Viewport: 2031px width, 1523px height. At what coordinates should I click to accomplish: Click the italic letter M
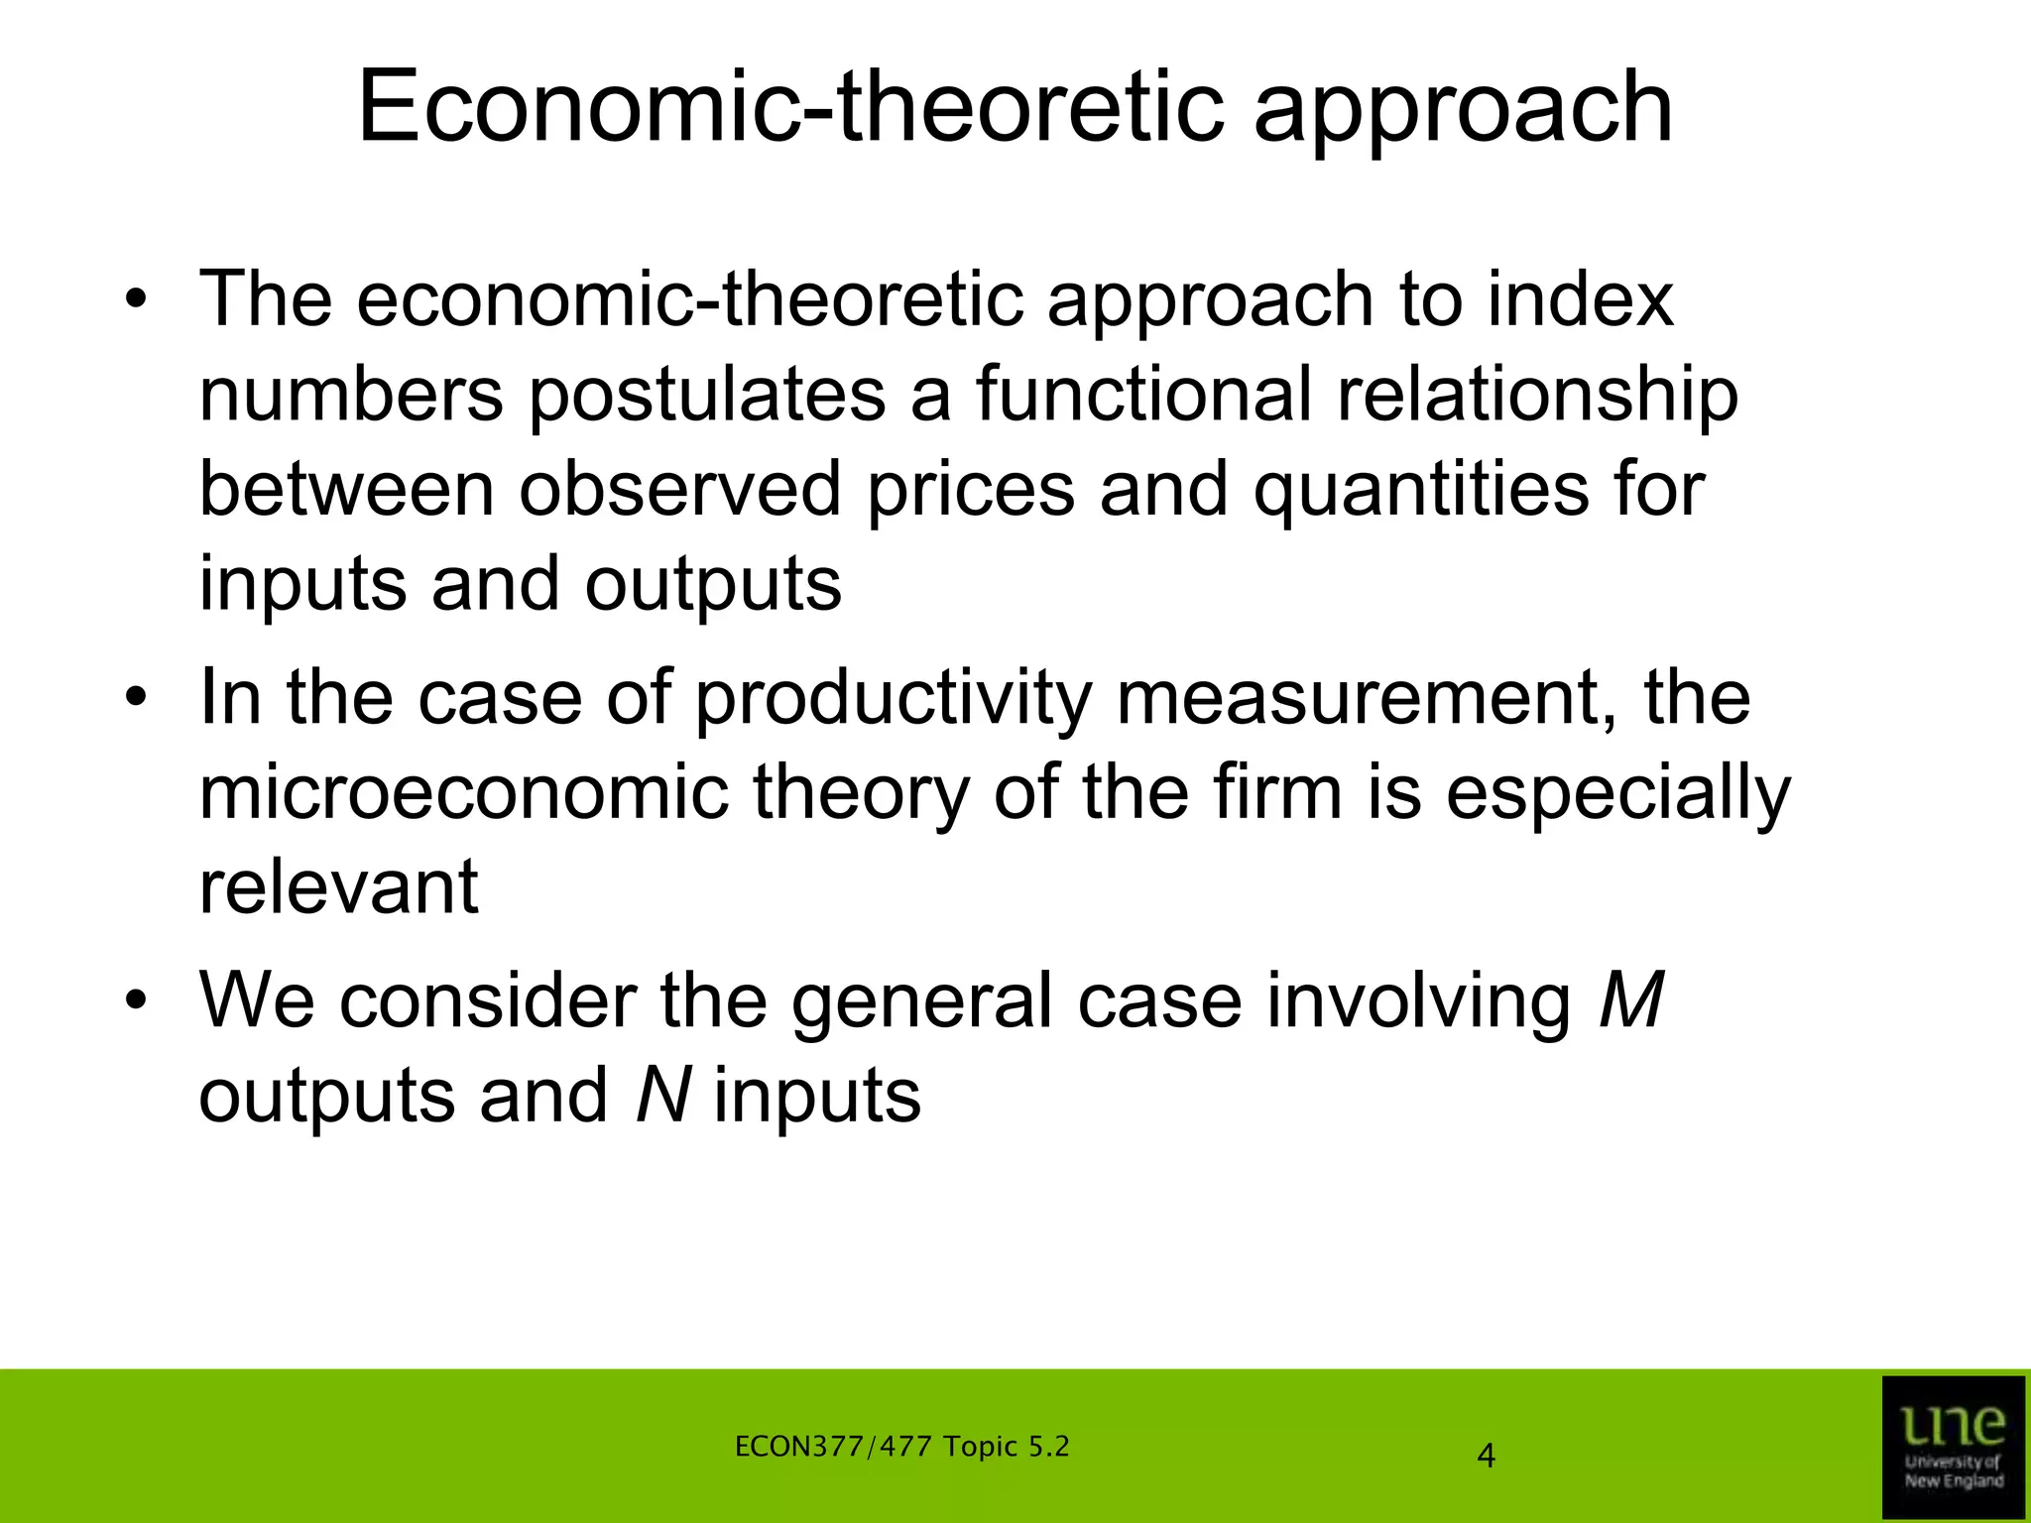(x=1630, y=1000)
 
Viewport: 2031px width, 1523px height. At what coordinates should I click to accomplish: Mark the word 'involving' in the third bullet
(x=1419, y=1002)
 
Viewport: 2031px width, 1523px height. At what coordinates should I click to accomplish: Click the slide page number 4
(x=1486, y=1457)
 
